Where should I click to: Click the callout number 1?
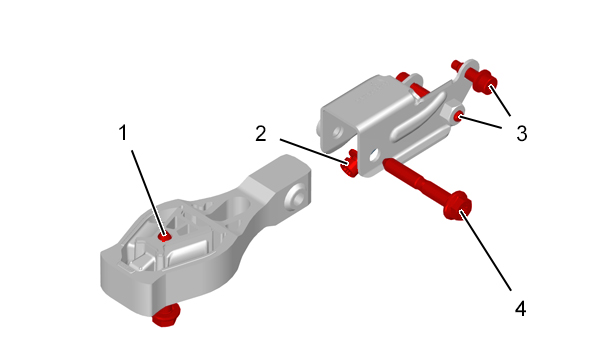click(x=123, y=133)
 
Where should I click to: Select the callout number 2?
click(x=260, y=134)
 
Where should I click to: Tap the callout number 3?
click(x=521, y=134)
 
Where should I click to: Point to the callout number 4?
click(x=520, y=308)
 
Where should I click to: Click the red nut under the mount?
click(x=166, y=316)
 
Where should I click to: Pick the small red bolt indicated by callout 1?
click(x=164, y=237)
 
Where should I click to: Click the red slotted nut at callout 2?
click(x=349, y=164)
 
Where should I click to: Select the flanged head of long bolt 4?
click(x=457, y=205)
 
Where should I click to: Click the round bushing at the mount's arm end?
click(x=296, y=196)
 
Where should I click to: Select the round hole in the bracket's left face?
click(x=337, y=132)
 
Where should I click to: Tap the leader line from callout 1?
click(x=147, y=193)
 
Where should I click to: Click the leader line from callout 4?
click(x=486, y=251)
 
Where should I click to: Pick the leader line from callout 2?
click(x=314, y=151)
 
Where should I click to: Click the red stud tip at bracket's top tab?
click(x=456, y=64)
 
